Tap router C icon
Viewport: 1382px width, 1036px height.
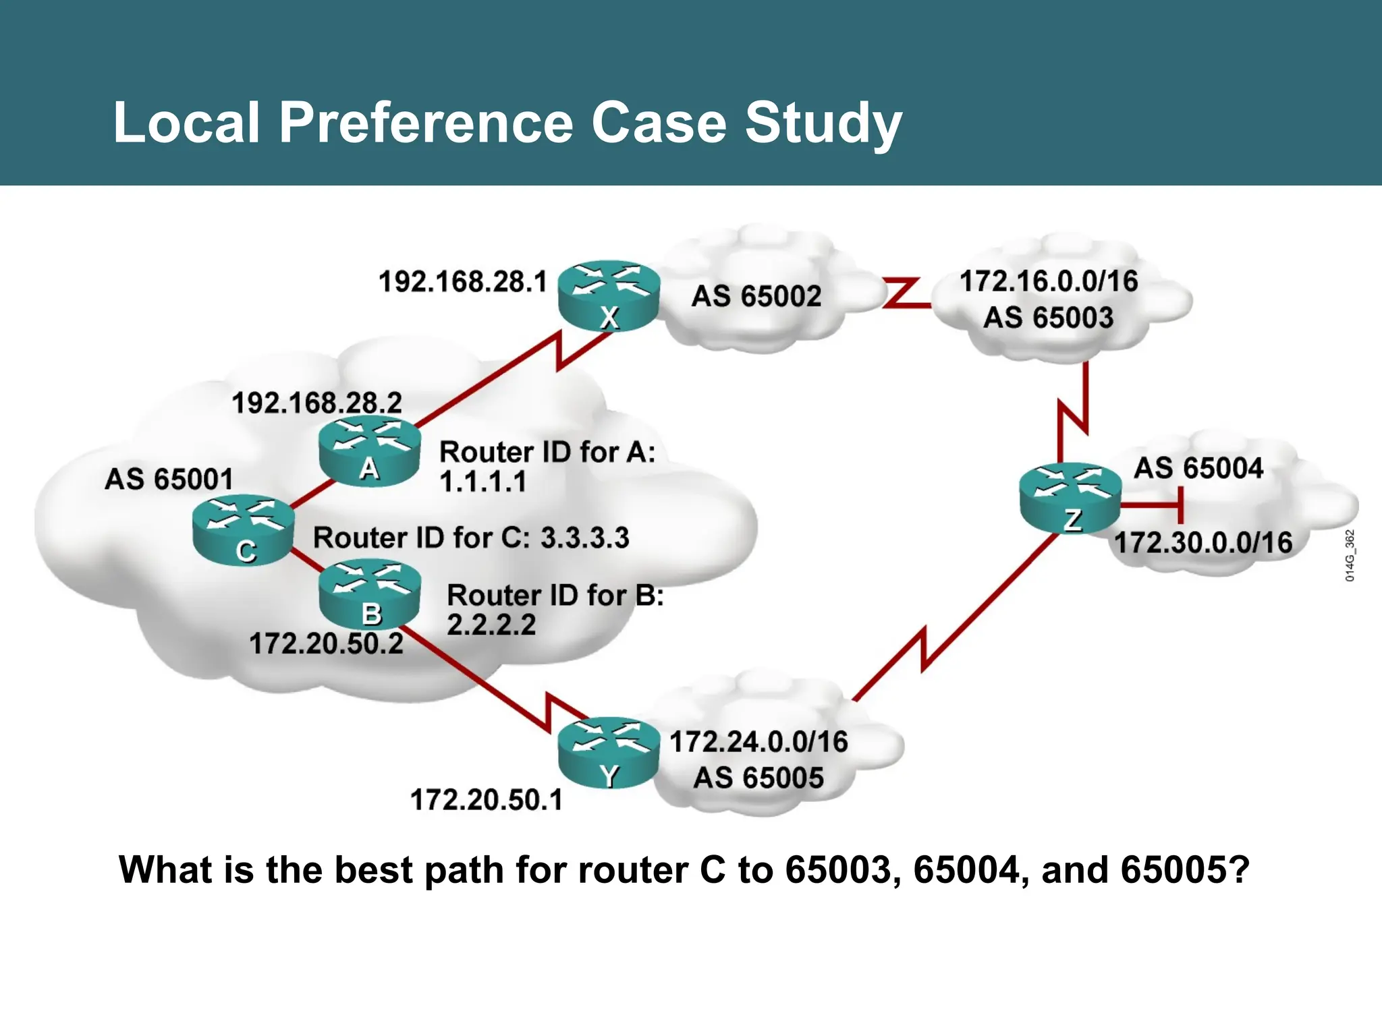pos(243,529)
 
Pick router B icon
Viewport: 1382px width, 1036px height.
pos(370,594)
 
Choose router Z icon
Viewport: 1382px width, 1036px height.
pos(1070,498)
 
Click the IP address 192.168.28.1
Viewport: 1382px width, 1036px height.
pos(462,282)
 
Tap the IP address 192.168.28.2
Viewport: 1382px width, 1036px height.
pos(316,403)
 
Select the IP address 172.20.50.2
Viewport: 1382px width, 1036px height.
pos(326,643)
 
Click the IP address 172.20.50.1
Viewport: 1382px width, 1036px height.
pos(486,800)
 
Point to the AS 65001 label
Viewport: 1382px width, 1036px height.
pos(169,480)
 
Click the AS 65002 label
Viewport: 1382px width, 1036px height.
pos(756,296)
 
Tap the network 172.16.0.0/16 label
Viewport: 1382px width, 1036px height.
pos(1049,281)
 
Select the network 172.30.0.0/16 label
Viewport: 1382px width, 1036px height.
pos(1203,543)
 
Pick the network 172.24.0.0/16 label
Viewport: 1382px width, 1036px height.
pos(758,742)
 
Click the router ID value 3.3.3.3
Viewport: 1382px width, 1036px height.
pos(584,538)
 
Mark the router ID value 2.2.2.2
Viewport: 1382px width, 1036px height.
pos(491,625)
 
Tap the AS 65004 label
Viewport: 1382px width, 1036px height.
pos(1198,468)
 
